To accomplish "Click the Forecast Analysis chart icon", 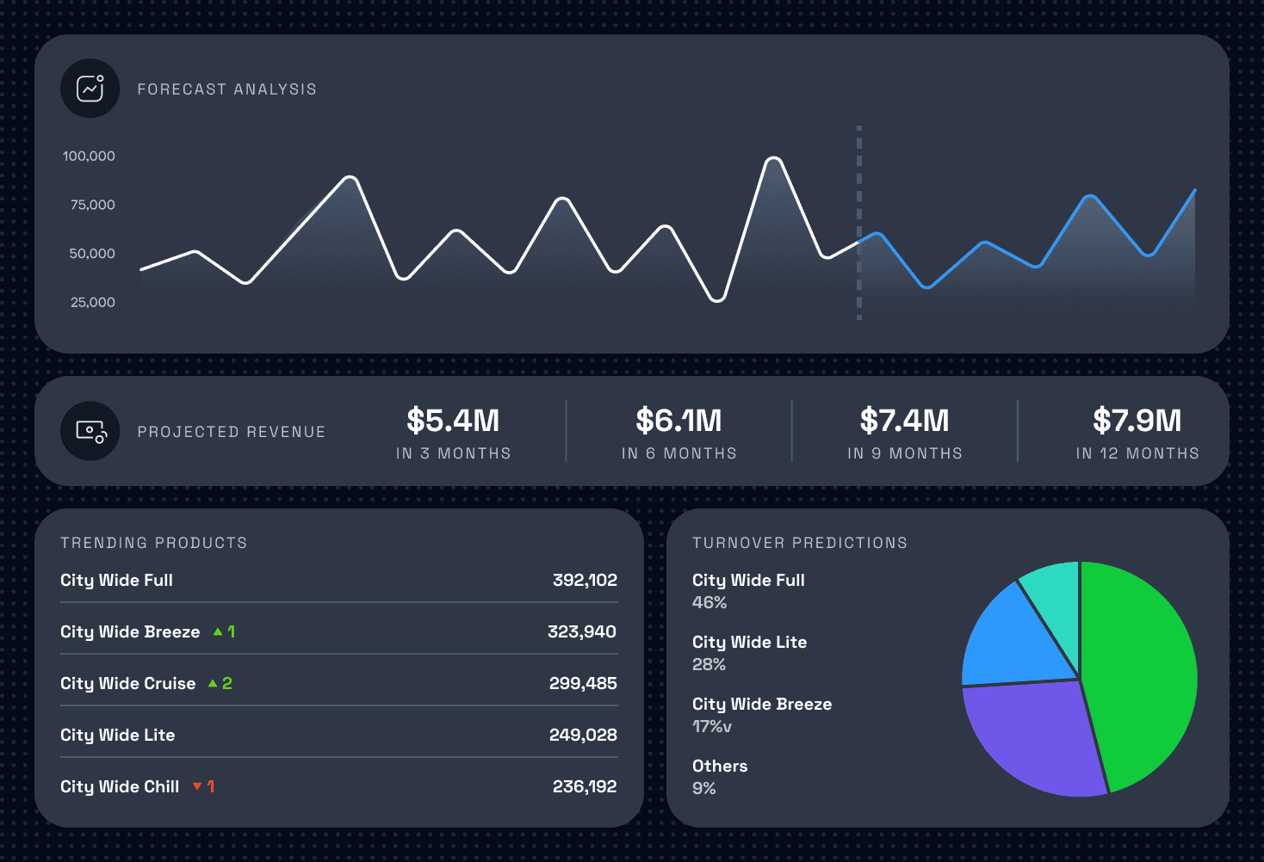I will tap(90, 89).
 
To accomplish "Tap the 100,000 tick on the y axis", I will tap(89, 156).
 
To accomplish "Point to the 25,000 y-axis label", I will tap(93, 302).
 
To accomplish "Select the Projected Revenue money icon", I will tap(90, 431).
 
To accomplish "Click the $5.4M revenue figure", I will tap(453, 421).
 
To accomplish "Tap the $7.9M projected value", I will tap(1137, 421).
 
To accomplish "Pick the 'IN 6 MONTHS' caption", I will tap(678, 453).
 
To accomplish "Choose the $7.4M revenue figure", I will tap(904, 421).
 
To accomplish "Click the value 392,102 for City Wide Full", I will tap(585, 580).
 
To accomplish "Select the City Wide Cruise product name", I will tap(128, 683).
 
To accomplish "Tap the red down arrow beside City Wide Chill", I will tap(197, 786).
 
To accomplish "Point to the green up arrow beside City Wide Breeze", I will tap(218, 631).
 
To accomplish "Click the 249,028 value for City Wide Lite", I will tap(583, 735).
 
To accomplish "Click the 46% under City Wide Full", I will tap(709, 602).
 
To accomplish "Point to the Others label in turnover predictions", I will tap(720, 766).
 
